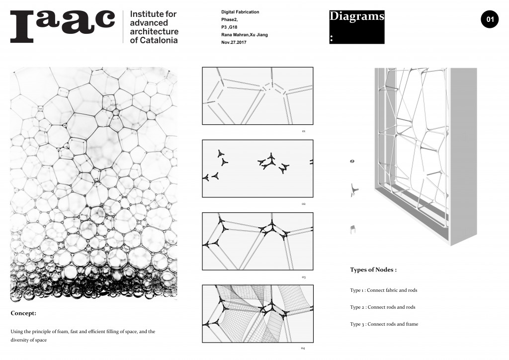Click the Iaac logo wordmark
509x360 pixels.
(63, 25)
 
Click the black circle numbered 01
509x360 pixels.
(489, 20)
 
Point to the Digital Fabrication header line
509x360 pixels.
(240, 11)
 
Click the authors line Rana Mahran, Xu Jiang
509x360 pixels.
(245, 35)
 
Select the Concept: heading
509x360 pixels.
(23, 314)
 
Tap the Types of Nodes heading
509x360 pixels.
(373, 270)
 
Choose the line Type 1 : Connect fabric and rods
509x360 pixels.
(383, 290)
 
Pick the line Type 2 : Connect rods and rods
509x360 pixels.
(382, 307)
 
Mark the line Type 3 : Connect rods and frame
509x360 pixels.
(384, 324)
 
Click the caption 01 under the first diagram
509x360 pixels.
(303, 131)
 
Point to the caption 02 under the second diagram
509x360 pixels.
(303, 204)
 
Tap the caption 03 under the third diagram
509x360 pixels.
(303, 277)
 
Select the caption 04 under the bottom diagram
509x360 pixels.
(303, 348)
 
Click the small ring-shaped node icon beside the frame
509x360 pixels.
(352, 161)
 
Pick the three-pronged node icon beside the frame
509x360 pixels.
(353, 189)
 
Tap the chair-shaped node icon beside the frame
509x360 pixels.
(352, 228)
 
